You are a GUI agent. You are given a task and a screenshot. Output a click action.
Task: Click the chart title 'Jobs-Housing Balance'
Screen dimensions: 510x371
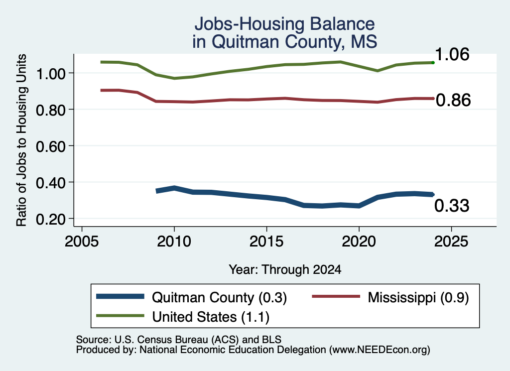[284, 24]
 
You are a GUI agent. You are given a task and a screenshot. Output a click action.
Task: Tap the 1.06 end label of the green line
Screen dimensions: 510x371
[452, 54]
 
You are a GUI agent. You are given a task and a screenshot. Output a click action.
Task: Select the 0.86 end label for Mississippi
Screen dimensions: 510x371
[453, 100]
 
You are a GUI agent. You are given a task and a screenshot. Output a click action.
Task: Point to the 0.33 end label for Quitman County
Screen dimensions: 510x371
[452, 206]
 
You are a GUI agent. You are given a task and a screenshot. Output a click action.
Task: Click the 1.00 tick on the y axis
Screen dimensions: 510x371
[51, 74]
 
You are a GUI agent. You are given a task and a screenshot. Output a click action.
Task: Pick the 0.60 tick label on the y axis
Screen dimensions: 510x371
[51, 146]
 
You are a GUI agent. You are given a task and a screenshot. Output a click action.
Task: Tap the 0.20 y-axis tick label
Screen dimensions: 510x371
[51, 219]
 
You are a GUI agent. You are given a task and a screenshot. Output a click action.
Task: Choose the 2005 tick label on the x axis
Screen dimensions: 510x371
[82, 242]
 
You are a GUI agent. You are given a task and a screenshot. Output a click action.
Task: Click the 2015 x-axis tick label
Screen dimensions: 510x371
[266, 242]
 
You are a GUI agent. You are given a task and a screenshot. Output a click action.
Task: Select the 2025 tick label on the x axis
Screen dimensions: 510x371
[451, 242]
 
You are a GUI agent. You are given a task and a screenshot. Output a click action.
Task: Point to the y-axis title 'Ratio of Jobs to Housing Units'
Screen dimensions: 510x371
[21, 140]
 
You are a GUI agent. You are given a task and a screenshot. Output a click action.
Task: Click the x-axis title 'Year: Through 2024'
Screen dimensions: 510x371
[285, 269]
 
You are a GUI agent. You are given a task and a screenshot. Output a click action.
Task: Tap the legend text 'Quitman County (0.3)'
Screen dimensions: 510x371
[219, 297]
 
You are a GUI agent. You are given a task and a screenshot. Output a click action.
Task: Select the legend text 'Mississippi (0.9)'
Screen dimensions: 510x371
[418, 297]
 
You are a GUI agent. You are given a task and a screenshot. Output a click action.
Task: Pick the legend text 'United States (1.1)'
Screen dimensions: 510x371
[211, 317]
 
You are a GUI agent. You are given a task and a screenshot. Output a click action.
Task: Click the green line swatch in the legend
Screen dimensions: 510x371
[120, 316]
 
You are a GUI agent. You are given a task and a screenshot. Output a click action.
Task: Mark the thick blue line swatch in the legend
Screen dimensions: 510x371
[120, 296]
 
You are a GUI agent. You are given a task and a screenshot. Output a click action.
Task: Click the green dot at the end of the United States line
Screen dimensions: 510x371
[433, 62]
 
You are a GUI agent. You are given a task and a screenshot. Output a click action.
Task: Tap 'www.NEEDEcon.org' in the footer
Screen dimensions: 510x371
[380, 350]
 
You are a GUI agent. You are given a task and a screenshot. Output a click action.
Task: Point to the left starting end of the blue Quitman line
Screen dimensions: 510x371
[157, 191]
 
